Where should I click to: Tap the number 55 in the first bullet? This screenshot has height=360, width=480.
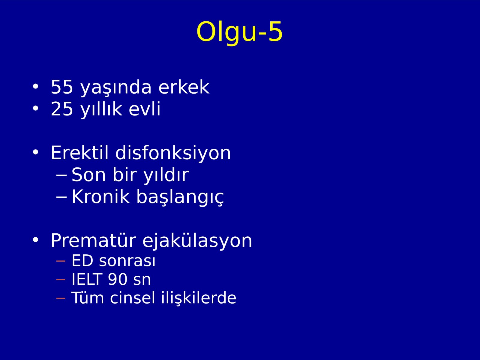62,87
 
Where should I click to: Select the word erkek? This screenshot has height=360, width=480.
184,87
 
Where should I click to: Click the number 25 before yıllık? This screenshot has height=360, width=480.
62,109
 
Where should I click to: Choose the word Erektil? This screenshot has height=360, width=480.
79,153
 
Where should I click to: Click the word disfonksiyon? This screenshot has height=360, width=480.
173,153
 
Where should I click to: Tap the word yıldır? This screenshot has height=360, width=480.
166,175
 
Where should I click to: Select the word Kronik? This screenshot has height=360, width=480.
101,197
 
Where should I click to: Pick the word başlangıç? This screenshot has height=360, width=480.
180,197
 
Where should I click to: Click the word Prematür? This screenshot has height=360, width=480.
93,240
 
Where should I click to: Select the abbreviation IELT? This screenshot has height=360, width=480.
87,279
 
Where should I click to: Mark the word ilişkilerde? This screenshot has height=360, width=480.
199,298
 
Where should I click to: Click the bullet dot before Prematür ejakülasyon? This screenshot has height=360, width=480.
35,240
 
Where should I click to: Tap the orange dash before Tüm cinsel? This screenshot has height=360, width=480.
61,298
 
